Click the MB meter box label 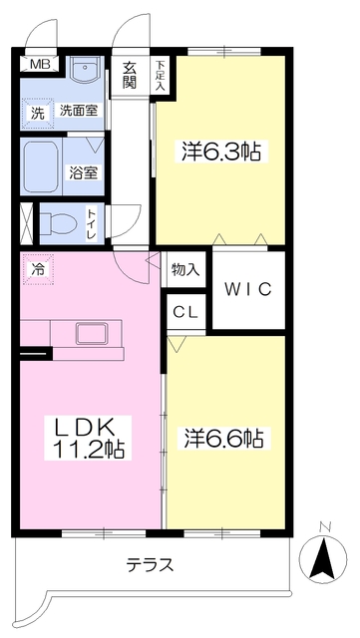point(40,64)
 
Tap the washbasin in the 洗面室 point(85,70)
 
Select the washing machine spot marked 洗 point(38,114)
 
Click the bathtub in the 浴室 point(41,166)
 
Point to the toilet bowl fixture point(59,224)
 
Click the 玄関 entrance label point(131,76)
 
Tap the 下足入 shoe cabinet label point(161,76)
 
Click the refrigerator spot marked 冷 point(38,269)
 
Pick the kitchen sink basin point(92,334)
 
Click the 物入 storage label point(185,269)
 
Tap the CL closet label point(185,312)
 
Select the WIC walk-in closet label point(248,289)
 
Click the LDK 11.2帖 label point(88,438)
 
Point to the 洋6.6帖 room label point(223,439)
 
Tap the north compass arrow point(323,558)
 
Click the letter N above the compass point(324,527)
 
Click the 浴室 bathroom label point(83,172)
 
